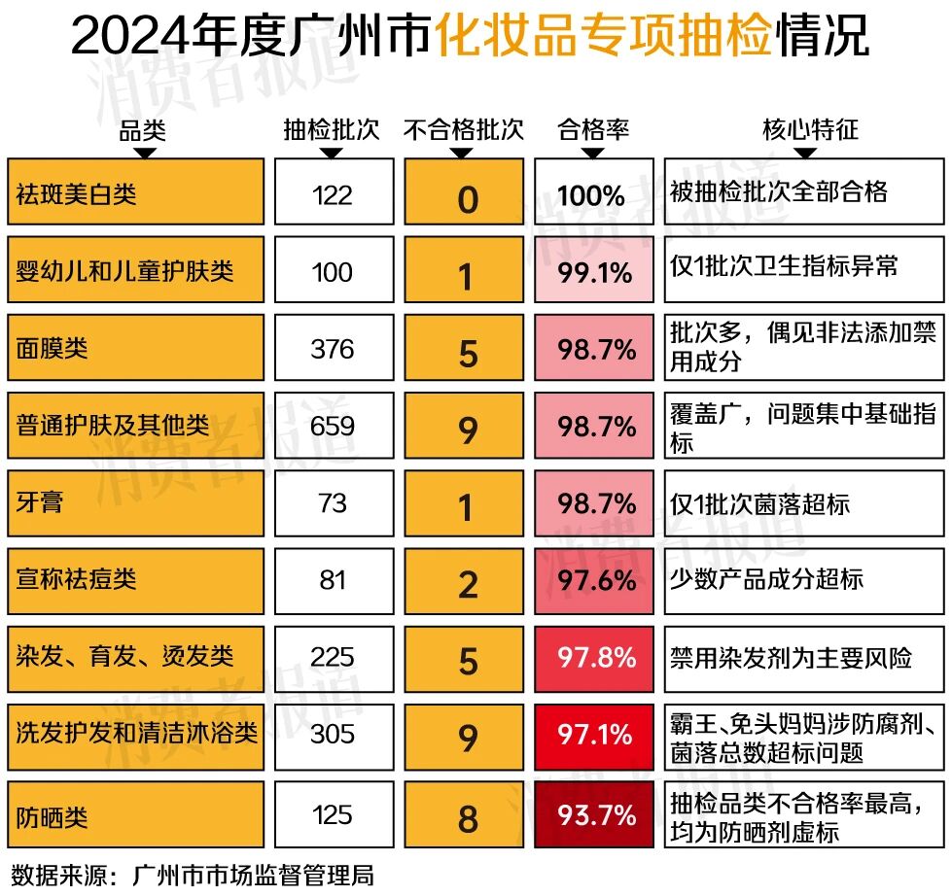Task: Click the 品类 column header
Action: [x=143, y=130]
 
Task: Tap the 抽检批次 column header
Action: [x=332, y=130]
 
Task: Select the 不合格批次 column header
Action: [x=464, y=130]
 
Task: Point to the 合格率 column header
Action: [x=593, y=130]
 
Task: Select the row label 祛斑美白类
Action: [x=77, y=193]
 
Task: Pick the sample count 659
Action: [x=333, y=426]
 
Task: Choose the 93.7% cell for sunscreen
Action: [x=596, y=813]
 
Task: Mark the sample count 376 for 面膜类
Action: [x=333, y=349]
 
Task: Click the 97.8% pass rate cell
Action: [x=596, y=657]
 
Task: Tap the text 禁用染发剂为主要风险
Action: [x=791, y=657]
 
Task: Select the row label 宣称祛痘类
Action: [x=77, y=580]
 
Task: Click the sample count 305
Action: [x=333, y=735]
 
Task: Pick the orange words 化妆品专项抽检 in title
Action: [x=603, y=38]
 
